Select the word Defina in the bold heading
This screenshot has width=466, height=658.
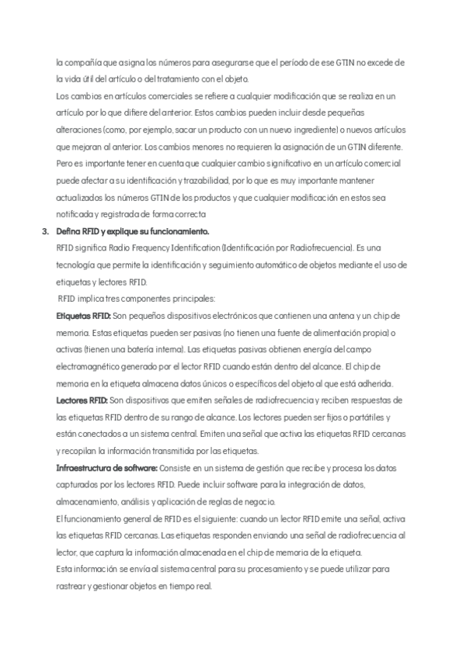click(68, 231)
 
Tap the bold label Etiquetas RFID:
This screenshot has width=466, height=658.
click(84, 316)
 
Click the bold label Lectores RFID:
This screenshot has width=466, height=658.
click(82, 400)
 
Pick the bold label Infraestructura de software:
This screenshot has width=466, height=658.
click(106, 468)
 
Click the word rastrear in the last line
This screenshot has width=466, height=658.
click(72, 586)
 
